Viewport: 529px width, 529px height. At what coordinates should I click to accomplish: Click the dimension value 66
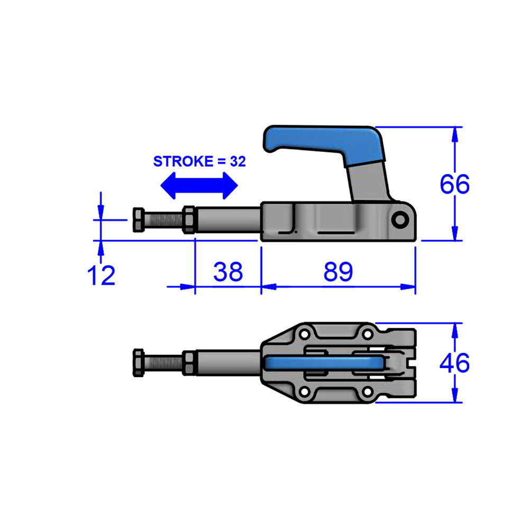454,185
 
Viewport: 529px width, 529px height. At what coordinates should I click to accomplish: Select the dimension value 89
338,272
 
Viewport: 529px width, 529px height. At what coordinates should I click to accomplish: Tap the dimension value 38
228,272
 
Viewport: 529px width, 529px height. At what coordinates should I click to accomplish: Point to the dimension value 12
101,276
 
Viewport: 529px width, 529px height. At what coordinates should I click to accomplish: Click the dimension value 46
454,363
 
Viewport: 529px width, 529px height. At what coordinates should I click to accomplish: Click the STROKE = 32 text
199,162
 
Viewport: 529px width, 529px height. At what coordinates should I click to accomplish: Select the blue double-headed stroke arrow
199,185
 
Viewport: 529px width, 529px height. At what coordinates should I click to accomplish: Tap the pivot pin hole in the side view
399,219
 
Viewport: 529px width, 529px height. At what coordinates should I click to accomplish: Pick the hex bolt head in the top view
137,363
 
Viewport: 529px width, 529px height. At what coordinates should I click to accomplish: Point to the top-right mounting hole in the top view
366,335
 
